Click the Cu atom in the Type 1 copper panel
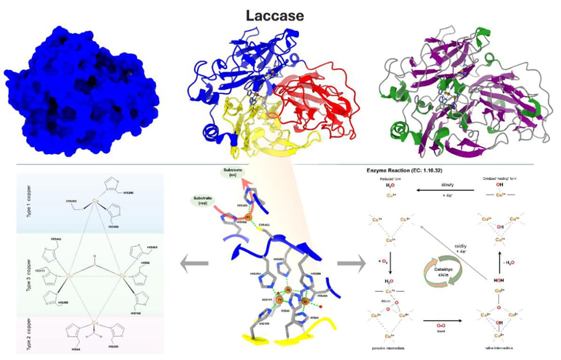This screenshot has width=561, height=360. coord(96,201)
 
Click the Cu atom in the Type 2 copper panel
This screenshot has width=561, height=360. coord(95,321)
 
